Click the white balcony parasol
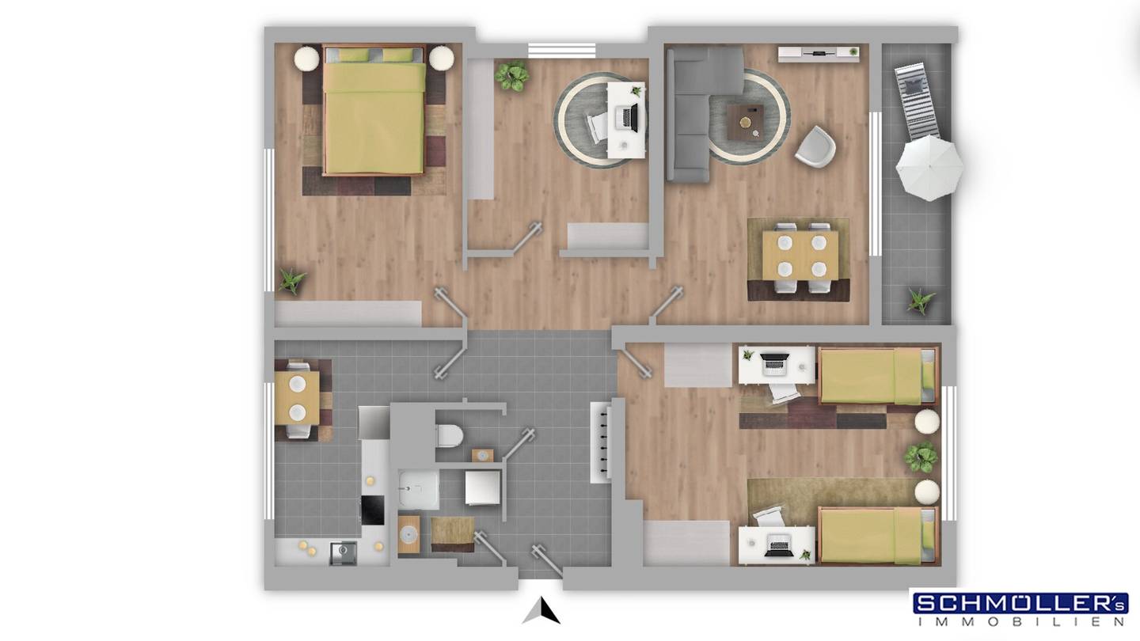coord(929,168)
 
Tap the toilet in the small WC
coord(449,436)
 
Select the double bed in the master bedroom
coord(374,111)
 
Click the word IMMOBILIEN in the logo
coord(1020,622)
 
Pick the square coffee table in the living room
coord(745,122)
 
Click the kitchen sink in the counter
coord(343,553)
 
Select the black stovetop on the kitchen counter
coord(373,510)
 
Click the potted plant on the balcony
coord(919,302)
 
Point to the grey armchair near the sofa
coord(815,146)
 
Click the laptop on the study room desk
coord(628,117)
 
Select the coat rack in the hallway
coord(601,442)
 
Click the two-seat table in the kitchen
coord(297,398)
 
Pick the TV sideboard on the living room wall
coord(819,54)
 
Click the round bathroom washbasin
coord(408,533)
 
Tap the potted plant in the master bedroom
coord(292,281)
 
